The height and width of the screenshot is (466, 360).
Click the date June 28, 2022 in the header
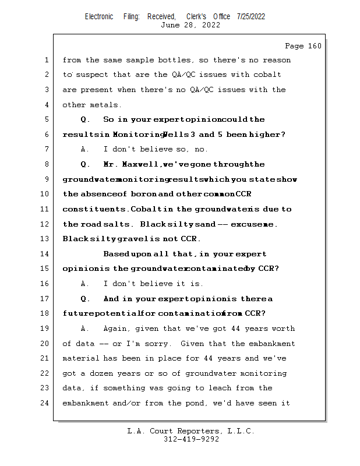(x=190, y=25)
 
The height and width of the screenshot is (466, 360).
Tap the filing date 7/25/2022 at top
(x=251, y=16)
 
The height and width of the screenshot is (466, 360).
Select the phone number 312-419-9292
(x=190, y=440)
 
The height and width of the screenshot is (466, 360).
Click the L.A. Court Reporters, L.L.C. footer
(x=190, y=431)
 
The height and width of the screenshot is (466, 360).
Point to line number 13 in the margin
(x=46, y=239)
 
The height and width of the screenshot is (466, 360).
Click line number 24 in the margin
(x=46, y=403)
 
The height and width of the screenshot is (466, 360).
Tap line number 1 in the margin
(x=46, y=60)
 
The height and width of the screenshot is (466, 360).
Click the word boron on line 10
(x=143, y=194)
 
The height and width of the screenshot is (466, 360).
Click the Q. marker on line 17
(x=85, y=299)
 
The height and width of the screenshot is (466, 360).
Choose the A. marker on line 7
(x=85, y=149)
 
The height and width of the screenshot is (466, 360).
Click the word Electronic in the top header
(x=99, y=16)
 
